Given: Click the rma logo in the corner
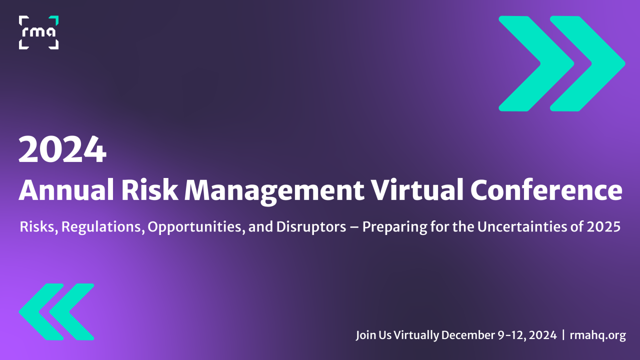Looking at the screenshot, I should point(38,32).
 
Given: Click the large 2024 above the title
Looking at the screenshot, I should point(62,149).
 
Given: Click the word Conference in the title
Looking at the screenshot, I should point(545,190).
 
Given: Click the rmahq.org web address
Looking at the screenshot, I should point(597,335).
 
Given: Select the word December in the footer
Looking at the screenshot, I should point(466,335).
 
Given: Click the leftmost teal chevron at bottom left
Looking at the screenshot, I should point(40,312).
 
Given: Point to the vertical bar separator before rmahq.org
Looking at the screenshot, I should point(563,335).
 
